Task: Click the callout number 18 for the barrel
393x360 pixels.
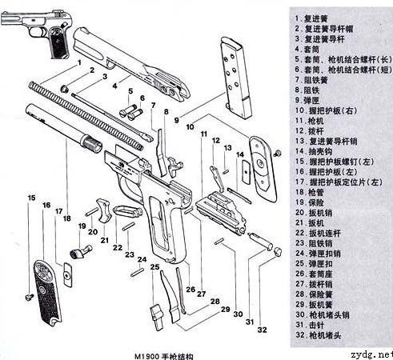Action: [x=66, y=218]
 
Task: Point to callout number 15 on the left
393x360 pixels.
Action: [x=31, y=198]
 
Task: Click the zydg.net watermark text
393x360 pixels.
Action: [x=368, y=353]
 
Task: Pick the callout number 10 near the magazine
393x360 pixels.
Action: [x=190, y=126]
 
